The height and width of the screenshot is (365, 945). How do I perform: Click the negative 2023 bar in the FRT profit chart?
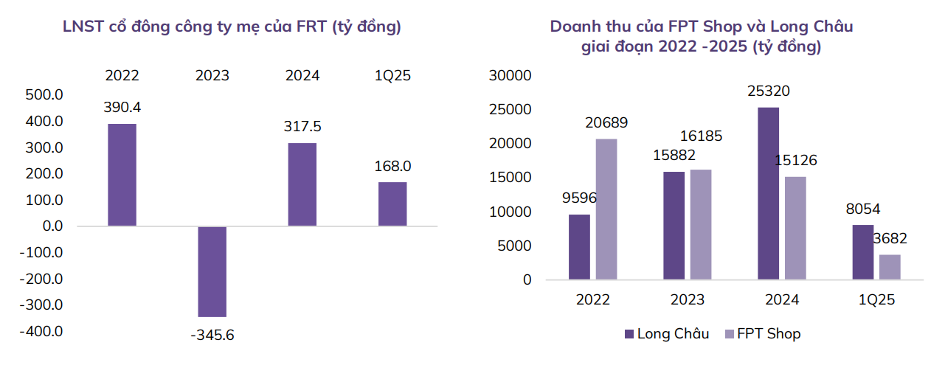tap(212, 271)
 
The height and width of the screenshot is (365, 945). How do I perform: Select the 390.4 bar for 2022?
tap(122, 175)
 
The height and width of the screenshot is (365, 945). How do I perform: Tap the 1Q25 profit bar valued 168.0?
tap(392, 204)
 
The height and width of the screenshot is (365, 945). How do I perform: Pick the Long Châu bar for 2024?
tap(768, 193)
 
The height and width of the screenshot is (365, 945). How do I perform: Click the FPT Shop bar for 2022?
tap(606, 209)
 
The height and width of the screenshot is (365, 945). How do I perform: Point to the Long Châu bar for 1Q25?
tap(863, 252)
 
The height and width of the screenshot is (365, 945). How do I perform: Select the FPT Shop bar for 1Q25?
tap(890, 267)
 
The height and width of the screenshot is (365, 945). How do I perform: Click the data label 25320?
tap(768, 91)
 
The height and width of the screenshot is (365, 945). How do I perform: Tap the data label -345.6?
tap(212, 335)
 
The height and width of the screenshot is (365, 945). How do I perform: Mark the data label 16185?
tap(701, 136)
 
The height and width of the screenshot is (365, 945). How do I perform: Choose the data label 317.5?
tap(302, 126)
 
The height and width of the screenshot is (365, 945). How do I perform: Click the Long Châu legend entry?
tap(666, 334)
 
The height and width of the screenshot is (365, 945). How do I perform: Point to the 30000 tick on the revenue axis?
tap(510, 76)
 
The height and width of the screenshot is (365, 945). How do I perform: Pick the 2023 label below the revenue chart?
tap(688, 300)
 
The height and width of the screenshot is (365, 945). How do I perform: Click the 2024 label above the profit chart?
tap(302, 75)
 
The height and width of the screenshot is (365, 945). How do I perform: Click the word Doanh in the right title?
tap(575, 27)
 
